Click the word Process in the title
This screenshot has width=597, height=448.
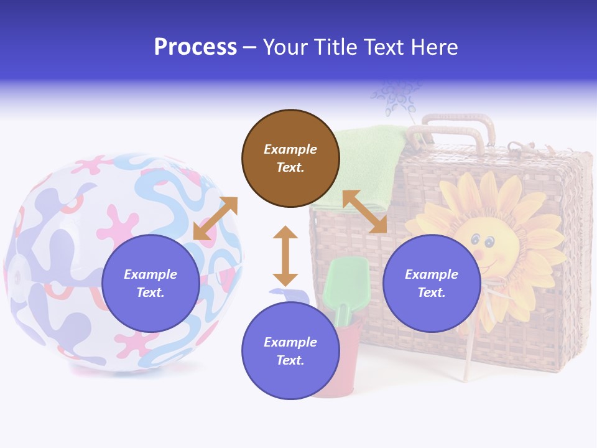pyautogui.click(x=195, y=47)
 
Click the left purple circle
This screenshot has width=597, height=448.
pyautogui.click(x=150, y=283)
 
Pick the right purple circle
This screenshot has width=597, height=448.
pyautogui.click(x=431, y=283)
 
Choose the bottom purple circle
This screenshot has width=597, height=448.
pyautogui.click(x=290, y=351)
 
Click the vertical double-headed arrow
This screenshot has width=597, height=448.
pyautogui.click(x=285, y=256)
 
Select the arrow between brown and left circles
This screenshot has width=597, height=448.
pyautogui.click(x=215, y=218)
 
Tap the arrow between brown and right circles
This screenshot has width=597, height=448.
pyautogui.click(x=364, y=212)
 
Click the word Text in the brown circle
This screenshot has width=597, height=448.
pyautogui.click(x=290, y=167)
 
